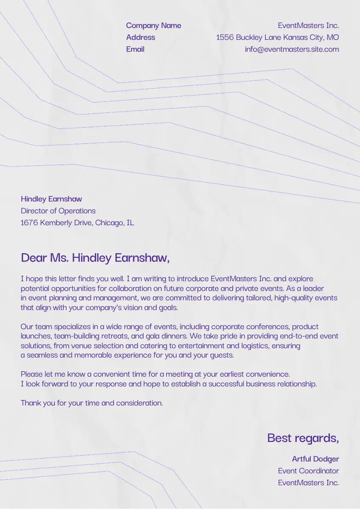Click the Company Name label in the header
(153, 25)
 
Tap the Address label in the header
(141, 37)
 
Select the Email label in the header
(135, 49)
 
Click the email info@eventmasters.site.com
(292, 49)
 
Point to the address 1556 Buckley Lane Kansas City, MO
(277, 37)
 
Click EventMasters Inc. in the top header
(308, 25)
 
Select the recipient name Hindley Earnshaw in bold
(51, 199)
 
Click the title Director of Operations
(58, 211)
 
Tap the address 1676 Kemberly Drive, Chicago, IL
(77, 223)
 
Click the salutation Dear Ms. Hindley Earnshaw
(95, 257)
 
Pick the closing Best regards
(303, 438)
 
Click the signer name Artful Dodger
(315, 459)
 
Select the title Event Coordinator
(308, 471)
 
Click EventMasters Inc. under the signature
(308, 483)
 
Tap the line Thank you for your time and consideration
(92, 403)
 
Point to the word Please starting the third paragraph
(31, 375)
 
